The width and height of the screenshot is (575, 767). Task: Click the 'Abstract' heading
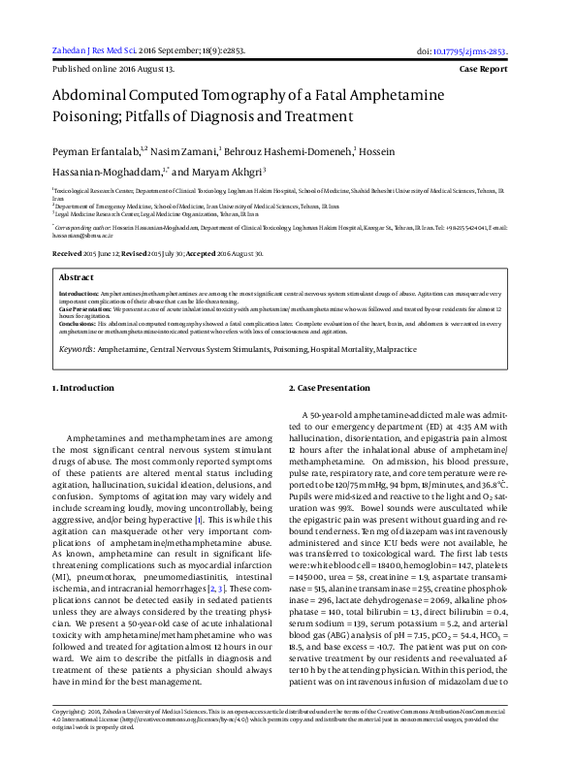[x=77, y=276]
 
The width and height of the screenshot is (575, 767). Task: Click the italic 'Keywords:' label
[x=77, y=346]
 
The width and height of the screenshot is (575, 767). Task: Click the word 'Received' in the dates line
[x=67, y=253]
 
